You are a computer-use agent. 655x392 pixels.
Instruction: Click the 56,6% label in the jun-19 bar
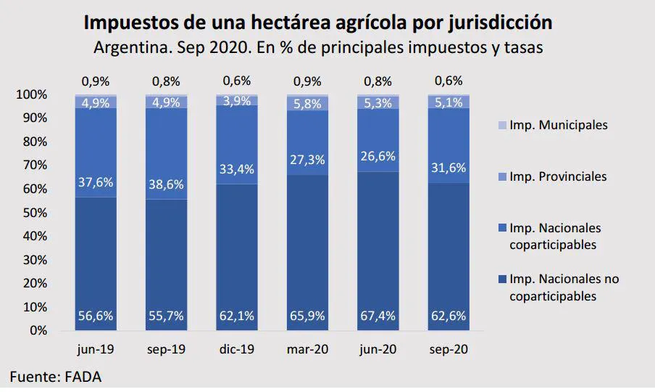coord(96,317)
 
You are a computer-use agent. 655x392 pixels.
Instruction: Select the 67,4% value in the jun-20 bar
coord(377,317)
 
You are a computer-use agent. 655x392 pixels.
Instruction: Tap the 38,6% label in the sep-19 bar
coord(166,185)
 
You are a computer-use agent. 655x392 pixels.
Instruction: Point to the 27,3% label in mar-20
coord(307,160)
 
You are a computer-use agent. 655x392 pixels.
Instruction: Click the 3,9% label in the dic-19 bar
coord(236,101)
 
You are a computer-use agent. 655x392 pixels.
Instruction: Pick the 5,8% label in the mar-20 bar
coord(307,105)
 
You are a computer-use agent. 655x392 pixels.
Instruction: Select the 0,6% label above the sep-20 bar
coord(448,81)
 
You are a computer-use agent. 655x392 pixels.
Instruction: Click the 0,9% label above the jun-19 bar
coord(96,81)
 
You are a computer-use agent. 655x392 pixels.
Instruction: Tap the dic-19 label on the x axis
coord(236,349)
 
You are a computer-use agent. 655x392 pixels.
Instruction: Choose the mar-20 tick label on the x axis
coord(307,349)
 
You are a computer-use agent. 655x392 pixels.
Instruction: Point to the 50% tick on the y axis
coord(35,213)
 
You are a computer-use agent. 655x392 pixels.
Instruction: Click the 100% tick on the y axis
coord(32,95)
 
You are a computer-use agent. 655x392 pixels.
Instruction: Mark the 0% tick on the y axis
coord(38,330)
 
